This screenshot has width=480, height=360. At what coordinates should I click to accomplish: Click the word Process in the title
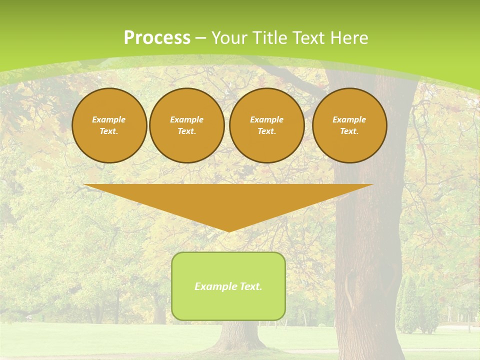tap(157, 38)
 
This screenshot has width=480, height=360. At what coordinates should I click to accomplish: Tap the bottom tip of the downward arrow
tap(228, 230)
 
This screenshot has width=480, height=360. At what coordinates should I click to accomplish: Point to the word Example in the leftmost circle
tap(109, 119)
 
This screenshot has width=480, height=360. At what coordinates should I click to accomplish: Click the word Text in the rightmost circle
tap(349, 131)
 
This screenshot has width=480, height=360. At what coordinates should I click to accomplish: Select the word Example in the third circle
tap(267, 119)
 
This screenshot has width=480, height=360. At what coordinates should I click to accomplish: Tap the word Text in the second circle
tap(186, 131)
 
